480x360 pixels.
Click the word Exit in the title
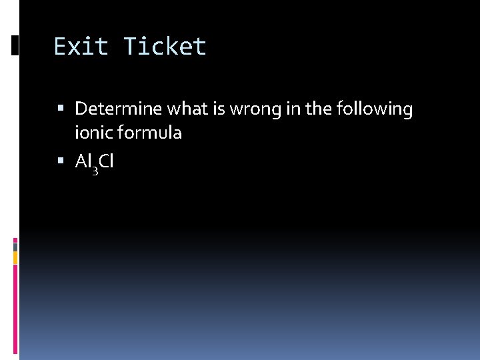(81, 47)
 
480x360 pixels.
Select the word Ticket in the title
(165, 47)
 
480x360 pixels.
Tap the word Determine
(119, 109)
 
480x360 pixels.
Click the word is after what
(216, 109)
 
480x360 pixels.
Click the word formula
(149, 133)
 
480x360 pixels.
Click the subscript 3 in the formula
(95, 170)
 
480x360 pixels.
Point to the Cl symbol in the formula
(107, 161)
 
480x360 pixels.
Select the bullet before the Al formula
(61, 161)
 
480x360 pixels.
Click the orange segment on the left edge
(15, 257)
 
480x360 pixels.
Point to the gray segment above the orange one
(15, 246)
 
